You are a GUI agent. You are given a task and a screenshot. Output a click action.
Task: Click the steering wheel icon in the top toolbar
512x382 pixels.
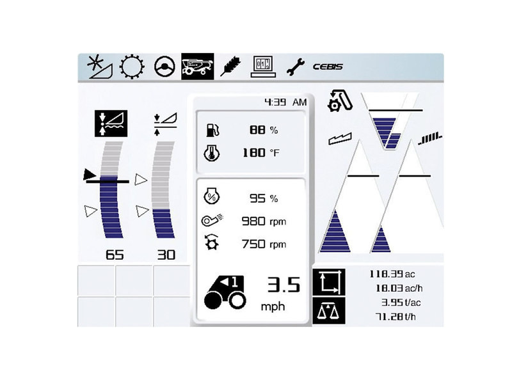pyautogui.click(x=165, y=67)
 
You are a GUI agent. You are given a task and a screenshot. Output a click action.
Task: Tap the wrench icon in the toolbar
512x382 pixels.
pyautogui.click(x=295, y=66)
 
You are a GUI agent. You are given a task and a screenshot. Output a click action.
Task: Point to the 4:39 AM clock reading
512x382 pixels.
pyautogui.click(x=285, y=102)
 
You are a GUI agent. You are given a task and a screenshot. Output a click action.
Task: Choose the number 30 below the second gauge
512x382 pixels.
pyautogui.click(x=166, y=255)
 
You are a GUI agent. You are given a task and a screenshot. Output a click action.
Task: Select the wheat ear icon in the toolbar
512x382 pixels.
pyautogui.click(x=228, y=66)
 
